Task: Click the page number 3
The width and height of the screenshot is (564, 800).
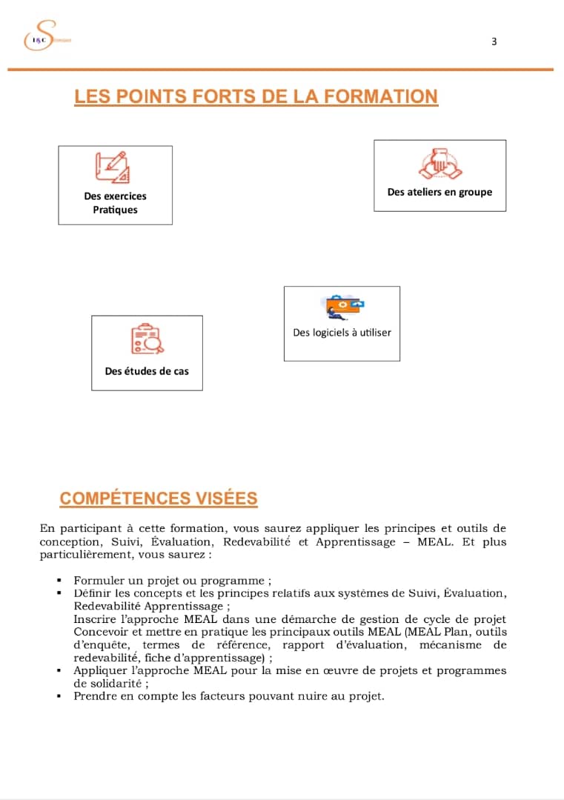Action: (x=494, y=41)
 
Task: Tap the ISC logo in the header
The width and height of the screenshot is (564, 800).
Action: (x=39, y=37)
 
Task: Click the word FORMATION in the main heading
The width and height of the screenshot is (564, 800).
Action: (x=382, y=96)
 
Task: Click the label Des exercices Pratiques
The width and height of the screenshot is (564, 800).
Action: (x=115, y=203)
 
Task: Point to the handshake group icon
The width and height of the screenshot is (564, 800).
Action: (x=439, y=164)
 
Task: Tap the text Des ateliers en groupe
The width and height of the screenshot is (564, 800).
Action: (x=439, y=192)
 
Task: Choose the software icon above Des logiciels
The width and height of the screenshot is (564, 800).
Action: (x=343, y=306)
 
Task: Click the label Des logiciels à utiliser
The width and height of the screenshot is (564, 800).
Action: (x=342, y=333)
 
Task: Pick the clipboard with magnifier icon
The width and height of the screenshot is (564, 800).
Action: (x=147, y=339)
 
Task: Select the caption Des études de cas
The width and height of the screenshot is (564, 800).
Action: (x=147, y=371)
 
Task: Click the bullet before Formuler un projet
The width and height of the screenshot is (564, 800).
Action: (x=59, y=581)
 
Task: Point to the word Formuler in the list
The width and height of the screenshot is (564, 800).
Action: (x=96, y=580)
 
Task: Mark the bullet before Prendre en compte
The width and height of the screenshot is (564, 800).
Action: (x=59, y=696)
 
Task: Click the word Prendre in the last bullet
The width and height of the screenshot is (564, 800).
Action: (x=94, y=696)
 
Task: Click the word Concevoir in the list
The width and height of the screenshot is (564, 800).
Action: (x=100, y=632)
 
